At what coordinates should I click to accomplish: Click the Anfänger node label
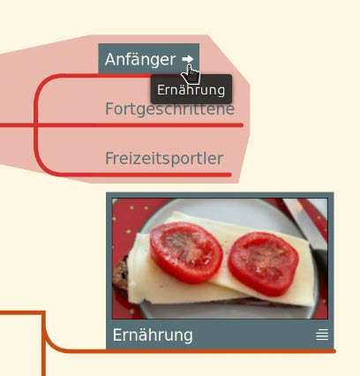[140, 59]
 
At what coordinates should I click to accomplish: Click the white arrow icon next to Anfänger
[188, 59]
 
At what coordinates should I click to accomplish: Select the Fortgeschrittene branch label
[170, 109]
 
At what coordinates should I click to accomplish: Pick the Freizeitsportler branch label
[164, 159]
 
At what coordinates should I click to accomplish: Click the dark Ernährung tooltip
[191, 89]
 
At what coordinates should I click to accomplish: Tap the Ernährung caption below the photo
[153, 335]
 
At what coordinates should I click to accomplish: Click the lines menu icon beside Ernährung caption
[322, 335]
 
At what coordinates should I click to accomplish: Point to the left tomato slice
[186, 252]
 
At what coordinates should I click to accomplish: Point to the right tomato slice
[263, 264]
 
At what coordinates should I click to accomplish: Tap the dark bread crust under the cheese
[121, 276]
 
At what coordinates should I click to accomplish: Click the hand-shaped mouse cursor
[191, 75]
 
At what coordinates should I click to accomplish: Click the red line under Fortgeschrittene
[122, 125]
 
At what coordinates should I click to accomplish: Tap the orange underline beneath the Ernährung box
[221, 351]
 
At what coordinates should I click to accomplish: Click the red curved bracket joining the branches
[36, 125]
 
